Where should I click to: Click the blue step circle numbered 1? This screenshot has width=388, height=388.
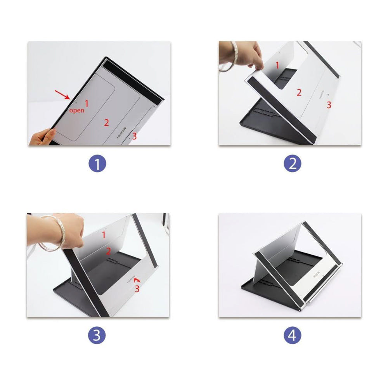pyautogui.click(x=97, y=164)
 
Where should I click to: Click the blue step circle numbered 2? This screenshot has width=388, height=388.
pyautogui.click(x=292, y=164)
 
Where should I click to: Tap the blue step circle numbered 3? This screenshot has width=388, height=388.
pyautogui.click(x=97, y=335)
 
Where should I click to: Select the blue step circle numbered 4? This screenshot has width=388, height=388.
pyautogui.click(x=292, y=335)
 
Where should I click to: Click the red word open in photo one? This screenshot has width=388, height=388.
pyautogui.click(x=77, y=111)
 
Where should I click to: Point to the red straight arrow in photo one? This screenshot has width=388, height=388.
pyautogui.click(x=62, y=95)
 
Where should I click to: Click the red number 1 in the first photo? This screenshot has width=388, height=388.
pyautogui.click(x=87, y=103)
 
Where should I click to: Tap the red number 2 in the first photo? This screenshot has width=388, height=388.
pyautogui.click(x=106, y=123)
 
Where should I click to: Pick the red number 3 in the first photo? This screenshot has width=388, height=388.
pyautogui.click(x=134, y=136)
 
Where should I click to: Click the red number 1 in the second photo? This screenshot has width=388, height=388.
pyautogui.click(x=277, y=65)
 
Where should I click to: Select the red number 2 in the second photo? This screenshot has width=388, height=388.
pyautogui.click(x=299, y=93)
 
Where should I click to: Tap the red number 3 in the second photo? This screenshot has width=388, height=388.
pyautogui.click(x=329, y=105)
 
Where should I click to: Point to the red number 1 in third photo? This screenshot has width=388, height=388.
pyautogui.click(x=104, y=235)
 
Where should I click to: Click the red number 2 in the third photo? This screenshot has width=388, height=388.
pyautogui.click(x=108, y=251)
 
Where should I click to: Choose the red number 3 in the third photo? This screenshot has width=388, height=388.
pyautogui.click(x=137, y=289)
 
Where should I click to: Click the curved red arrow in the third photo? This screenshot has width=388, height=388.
pyautogui.click(x=137, y=280)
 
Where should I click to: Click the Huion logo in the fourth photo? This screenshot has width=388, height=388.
pyautogui.click(x=317, y=274)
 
